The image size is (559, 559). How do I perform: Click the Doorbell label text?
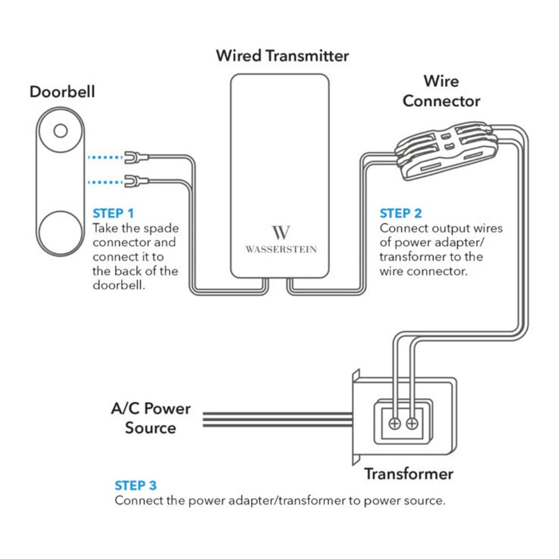click(62, 92)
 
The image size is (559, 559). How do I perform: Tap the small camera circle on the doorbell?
click(61, 131)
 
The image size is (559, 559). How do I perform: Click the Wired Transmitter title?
click(282, 56)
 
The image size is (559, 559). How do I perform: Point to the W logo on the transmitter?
click(281, 232)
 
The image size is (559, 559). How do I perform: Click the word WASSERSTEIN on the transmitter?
click(281, 249)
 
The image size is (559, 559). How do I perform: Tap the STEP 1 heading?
click(113, 213)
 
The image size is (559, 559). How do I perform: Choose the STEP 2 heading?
click(401, 213)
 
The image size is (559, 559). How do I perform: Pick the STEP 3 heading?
click(135, 485)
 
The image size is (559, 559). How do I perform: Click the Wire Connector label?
click(441, 91)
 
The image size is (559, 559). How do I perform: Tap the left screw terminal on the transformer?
click(395, 424)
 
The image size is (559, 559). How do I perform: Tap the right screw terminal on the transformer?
click(412, 424)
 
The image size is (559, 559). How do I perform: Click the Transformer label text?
click(408, 474)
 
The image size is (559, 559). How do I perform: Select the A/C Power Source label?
click(151, 418)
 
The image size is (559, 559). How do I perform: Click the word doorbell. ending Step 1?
click(118, 285)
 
